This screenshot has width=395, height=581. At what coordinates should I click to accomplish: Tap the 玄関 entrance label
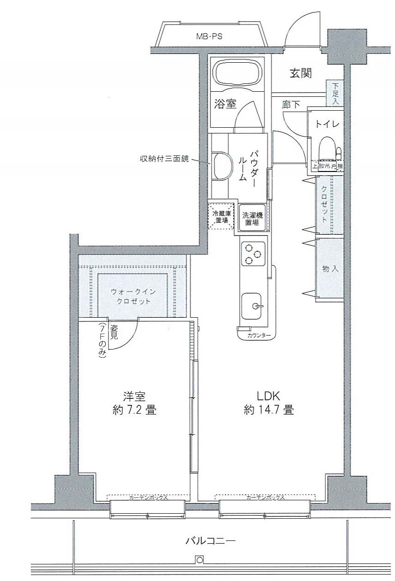[300, 73]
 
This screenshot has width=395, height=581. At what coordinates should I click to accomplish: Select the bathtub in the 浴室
[238, 73]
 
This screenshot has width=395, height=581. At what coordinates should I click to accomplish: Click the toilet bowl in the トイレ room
[327, 148]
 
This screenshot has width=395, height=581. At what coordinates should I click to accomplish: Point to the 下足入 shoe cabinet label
[335, 94]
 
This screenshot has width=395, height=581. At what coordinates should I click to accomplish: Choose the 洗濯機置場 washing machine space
[252, 218]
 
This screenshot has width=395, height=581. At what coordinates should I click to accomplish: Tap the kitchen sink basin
[253, 305]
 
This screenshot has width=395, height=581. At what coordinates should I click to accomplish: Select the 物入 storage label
[330, 269]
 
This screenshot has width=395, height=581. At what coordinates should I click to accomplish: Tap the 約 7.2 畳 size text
[134, 409]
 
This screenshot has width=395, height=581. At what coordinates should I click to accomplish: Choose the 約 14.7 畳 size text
[269, 409]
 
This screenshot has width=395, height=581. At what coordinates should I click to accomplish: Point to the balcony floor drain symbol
[199, 561]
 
